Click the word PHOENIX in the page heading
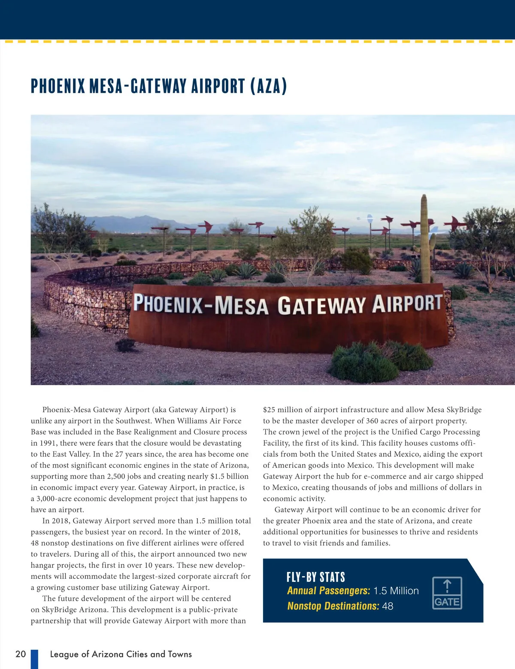58,86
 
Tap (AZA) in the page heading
269,86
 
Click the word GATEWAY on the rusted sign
321,306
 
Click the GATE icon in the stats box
447,593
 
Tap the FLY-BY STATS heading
315,577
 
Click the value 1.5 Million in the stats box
396,591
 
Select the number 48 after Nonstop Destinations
388,606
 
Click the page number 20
21,654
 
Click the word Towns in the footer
180,654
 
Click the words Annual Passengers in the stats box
328,591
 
